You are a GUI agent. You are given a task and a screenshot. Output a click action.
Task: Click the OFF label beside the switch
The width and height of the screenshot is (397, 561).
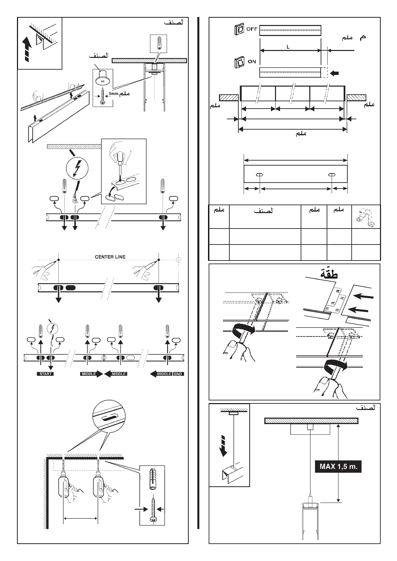pos(252,29)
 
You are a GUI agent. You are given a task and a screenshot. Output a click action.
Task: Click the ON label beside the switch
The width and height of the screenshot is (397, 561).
pos(252,61)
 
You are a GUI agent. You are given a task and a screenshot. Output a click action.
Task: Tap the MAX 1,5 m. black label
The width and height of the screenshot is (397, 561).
pos(338,467)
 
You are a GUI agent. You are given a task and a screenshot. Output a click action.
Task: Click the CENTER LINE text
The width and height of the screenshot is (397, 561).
pos(110,257)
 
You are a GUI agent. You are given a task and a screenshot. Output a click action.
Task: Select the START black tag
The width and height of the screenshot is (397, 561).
pos(45,374)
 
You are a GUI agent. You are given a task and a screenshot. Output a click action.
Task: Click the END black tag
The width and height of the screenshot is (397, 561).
pos(178,374)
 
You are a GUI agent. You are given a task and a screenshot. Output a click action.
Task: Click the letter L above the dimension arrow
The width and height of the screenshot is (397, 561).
pos(288,47)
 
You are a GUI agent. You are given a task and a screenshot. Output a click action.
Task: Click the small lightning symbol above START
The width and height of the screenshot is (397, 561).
pos(52,329)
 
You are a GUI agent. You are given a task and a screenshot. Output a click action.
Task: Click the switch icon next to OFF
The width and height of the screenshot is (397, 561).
pos(239,30)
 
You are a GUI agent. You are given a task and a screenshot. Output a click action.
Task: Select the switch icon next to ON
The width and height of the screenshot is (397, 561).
pos(240,62)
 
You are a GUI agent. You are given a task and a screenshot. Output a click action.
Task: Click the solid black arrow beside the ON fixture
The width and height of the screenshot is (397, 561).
pos(337,72)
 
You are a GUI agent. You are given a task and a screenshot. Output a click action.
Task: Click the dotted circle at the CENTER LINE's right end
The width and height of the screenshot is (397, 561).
pos(179,260)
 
